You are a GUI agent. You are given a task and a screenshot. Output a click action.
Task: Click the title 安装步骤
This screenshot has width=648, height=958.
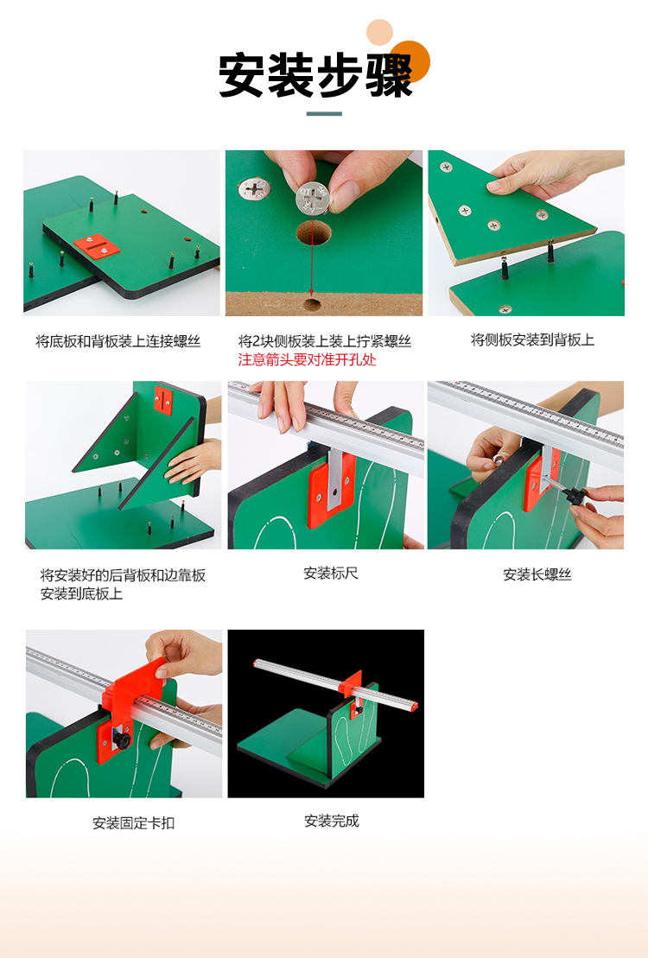pos(315,75)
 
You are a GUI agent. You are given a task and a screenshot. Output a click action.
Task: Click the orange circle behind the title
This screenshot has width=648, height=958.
pos(410,61)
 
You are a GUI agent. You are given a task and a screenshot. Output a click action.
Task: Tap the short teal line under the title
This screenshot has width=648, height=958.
pos(324,114)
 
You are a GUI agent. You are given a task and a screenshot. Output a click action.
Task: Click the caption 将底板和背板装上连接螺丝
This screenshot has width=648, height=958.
pos(118,341)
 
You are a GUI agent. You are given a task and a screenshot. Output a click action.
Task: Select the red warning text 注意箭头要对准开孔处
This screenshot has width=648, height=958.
pos(307,360)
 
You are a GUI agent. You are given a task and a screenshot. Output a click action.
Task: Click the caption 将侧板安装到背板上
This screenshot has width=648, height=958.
pos(532,339)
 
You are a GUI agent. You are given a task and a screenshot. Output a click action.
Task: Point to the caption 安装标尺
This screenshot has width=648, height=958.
pos(331,573)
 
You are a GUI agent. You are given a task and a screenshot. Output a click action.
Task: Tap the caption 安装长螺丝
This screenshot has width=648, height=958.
pos(537,574)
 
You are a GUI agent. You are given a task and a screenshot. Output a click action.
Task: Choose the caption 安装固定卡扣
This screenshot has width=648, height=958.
pos(133,823)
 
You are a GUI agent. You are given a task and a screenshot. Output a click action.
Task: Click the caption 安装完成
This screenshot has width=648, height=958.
pos(331,822)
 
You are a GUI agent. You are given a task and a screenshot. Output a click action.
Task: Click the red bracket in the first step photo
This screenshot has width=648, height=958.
pos(97,246)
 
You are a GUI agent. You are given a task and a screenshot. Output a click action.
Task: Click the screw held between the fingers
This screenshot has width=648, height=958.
pos(313,199)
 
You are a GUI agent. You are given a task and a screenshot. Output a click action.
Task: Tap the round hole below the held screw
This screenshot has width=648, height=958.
pos(313,233)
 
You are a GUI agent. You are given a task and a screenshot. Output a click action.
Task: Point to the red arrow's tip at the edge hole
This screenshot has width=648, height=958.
pos(311,295)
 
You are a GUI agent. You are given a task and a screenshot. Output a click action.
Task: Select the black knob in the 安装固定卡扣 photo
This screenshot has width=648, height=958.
pos(122,741)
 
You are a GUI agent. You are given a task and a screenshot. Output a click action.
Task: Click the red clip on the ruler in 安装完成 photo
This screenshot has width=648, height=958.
pos(350,682)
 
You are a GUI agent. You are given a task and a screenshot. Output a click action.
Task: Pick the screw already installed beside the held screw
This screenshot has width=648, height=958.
pos(254,189)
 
